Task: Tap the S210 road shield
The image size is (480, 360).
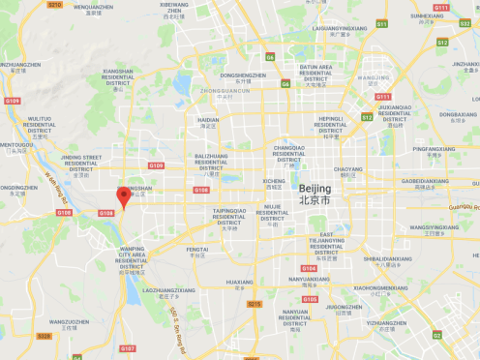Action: [x=54, y=5]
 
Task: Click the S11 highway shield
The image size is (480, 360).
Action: [x=381, y=23]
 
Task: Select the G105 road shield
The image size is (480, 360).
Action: [x=310, y=299]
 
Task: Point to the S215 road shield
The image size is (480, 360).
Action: [x=254, y=304]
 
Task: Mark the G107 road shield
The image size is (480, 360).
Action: [x=128, y=348]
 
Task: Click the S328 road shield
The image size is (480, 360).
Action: [x=44, y=336]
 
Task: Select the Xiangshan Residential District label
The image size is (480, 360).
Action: [x=118, y=76]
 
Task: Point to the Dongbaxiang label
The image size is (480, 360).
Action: [x=458, y=114]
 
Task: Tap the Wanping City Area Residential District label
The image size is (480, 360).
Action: [x=132, y=256]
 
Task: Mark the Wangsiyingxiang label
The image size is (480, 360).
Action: [x=434, y=227]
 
